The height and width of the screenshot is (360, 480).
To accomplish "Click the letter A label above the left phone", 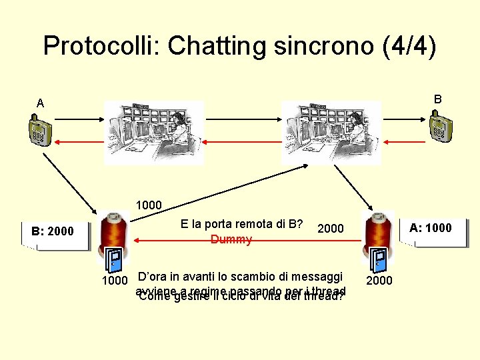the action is (x=41, y=103).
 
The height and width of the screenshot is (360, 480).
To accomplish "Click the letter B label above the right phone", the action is (x=438, y=99).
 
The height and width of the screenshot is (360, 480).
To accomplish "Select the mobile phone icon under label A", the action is (x=40, y=131).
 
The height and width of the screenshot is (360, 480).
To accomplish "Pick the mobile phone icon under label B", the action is (x=440, y=127).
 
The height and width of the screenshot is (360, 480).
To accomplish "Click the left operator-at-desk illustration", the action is (x=154, y=133).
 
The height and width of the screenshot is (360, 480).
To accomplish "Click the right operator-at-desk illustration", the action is (x=331, y=131).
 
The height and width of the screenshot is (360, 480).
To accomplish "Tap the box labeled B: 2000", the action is (x=53, y=232).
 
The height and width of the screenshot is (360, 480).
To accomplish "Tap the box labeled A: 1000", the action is (x=431, y=228).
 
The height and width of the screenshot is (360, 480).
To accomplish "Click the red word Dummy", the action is (x=231, y=239).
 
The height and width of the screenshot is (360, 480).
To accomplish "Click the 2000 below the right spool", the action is (x=379, y=281).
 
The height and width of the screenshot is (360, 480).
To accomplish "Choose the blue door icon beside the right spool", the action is (x=378, y=261).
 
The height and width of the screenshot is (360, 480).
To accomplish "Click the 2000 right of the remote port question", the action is (x=331, y=229).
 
